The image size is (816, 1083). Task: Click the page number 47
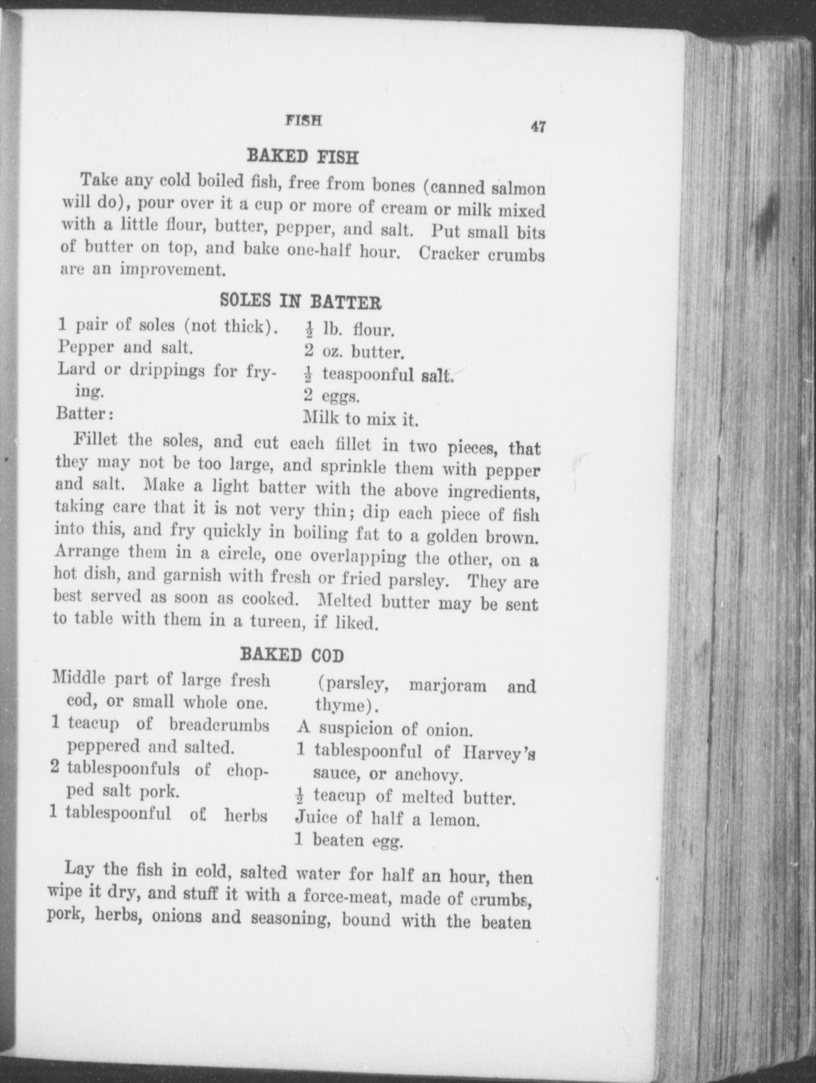coord(538,127)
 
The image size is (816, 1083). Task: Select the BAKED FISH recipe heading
coord(303,157)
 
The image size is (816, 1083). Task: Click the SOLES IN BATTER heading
coord(300,301)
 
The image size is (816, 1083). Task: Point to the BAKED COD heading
coord(292,656)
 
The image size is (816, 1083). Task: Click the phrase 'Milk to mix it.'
coord(361,419)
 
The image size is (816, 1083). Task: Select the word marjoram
coord(448,686)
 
